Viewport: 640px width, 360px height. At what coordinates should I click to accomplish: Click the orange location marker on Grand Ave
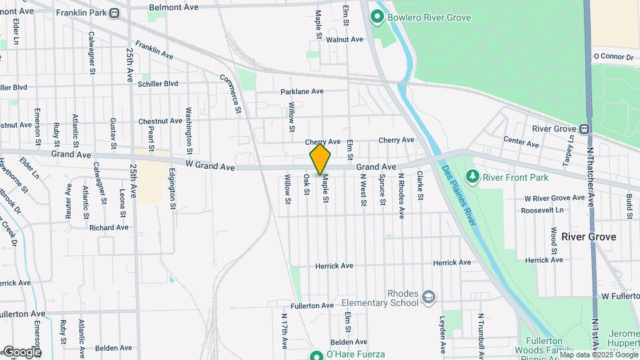point(320,159)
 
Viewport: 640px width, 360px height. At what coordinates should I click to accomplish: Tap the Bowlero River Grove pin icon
point(377,17)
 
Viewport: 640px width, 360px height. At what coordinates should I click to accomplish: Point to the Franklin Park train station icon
point(115,13)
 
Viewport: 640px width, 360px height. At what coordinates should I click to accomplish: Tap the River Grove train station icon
point(585,129)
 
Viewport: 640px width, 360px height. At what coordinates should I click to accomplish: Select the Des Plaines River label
point(459,193)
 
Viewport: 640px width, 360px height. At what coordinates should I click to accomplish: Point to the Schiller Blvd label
point(158,83)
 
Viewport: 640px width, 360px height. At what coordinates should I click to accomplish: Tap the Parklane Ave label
point(302,91)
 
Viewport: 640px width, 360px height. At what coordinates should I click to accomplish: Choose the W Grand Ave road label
point(210,165)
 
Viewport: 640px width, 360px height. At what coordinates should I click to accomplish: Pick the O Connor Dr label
point(613,57)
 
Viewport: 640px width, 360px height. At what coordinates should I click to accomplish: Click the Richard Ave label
point(109,227)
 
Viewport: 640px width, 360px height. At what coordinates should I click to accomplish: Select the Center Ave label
point(521,143)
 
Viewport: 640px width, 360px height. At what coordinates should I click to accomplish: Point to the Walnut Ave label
point(345,39)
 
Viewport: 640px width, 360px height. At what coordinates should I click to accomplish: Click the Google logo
point(22,352)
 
